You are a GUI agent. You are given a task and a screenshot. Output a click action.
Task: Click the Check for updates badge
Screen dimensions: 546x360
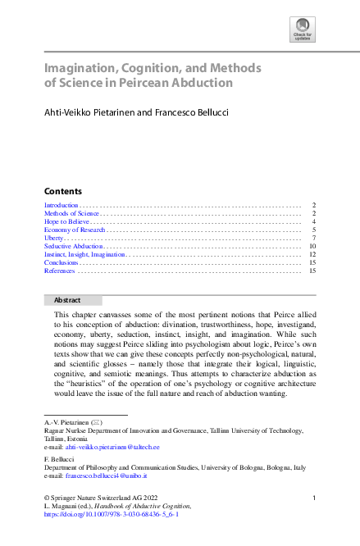tap(303, 28)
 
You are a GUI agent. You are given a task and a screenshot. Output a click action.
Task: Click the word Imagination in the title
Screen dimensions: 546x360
tap(80, 67)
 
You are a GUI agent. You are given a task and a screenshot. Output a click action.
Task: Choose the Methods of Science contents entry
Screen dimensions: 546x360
tap(71, 213)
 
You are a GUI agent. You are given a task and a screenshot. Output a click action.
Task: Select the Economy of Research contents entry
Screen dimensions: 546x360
tap(75, 230)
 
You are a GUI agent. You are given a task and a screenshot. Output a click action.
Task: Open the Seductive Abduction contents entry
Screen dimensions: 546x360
tap(73, 246)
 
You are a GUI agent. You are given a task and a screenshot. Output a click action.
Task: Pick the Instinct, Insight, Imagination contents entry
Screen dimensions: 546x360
tap(84, 254)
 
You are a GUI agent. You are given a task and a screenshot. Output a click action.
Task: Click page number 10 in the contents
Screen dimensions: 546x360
tap(312, 246)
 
